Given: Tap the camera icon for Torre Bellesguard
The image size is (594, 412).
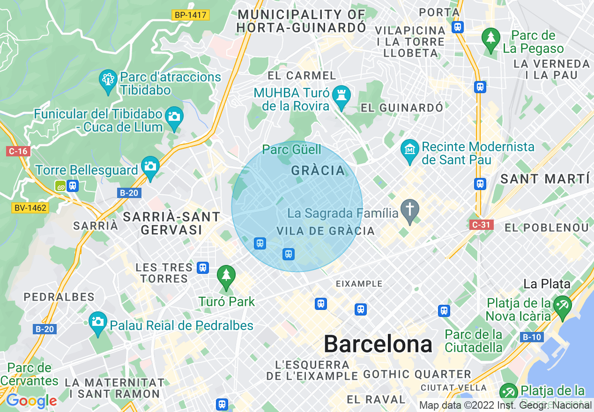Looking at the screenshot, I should [x=150, y=166].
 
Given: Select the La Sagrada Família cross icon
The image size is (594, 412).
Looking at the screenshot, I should [x=410, y=209].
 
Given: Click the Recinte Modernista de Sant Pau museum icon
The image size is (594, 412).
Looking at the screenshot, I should [x=410, y=149].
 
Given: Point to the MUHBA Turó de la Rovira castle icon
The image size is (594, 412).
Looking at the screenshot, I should [x=341, y=96].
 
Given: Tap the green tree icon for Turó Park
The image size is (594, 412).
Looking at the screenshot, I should [x=226, y=275].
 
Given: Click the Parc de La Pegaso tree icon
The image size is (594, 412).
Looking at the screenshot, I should [x=491, y=38].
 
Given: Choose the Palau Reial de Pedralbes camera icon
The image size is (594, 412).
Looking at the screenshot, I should [x=97, y=322].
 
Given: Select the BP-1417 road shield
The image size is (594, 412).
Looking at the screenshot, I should [x=190, y=15].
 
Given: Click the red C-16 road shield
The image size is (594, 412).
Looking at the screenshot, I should [x=18, y=151].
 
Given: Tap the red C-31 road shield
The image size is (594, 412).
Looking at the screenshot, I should [x=481, y=225].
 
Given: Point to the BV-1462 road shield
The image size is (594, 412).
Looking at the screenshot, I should [x=30, y=207].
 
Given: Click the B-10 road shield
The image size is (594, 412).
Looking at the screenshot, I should [x=532, y=337].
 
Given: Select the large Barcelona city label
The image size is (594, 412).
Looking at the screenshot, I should [x=378, y=345].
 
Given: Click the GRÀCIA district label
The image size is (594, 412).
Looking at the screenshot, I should [x=318, y=171].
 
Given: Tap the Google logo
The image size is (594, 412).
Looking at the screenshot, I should [x=31, y=401].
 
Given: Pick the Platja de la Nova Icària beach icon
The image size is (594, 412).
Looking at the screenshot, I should [x=562, y=306].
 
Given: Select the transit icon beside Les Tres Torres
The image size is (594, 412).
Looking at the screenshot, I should [x=202, y=267].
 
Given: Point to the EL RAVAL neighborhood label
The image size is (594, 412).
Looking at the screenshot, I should [x=376, y=399].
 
